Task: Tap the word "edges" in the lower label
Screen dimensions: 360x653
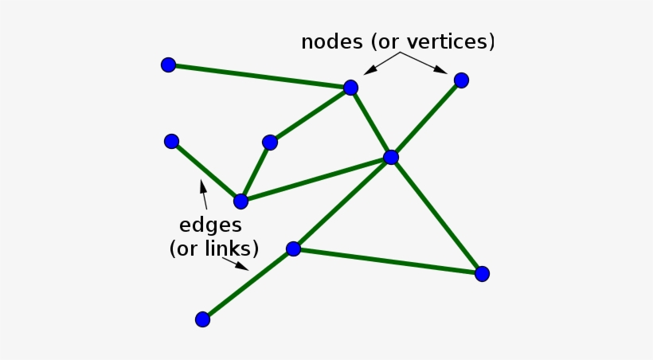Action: click(211, 225)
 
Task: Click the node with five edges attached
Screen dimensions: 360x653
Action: click(390, 158)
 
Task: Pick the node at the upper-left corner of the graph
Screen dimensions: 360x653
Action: click(168, 65)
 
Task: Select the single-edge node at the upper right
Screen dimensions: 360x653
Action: click(461, 80)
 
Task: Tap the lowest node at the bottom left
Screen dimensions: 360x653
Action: click(202, 319)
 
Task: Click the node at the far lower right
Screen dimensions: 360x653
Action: click(482, 274)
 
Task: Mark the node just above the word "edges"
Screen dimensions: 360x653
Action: click(240, 202)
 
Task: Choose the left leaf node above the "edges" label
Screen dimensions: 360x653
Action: click(171, 142)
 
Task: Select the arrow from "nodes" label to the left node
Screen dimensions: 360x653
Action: click(381, 62)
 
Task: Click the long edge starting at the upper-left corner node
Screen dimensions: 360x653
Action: click(259, 76)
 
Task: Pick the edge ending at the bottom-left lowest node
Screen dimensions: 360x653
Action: click(248, 284)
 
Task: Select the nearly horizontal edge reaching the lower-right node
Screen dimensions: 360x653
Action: click(388, 261)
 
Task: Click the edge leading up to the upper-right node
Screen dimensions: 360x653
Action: click(426, 119)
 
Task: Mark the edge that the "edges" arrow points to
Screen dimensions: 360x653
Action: click(205, 171)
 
